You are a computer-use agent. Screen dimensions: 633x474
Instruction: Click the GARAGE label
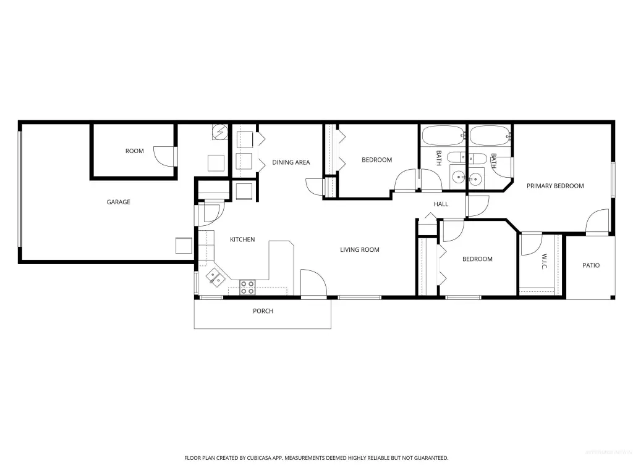pos(118,202)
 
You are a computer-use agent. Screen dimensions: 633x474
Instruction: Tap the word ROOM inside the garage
pos(134,151)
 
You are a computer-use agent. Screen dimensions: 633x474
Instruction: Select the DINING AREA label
pos(291,162)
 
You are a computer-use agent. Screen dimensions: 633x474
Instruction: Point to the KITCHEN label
pos(242,239)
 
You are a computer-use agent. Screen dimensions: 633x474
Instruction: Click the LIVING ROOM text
pos(360,250)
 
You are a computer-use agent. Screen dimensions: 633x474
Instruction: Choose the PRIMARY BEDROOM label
pos(555,186)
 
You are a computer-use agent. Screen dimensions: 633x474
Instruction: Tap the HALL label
pos(441,204)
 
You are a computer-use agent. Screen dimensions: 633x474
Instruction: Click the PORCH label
pos(263,311)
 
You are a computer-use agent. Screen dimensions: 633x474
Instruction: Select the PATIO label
pos(591,265)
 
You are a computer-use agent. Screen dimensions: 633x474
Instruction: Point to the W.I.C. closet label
pos(544,262)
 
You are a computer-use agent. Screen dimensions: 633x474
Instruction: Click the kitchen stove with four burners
pos(247,288)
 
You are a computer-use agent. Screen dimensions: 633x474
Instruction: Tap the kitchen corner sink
pos(216,277)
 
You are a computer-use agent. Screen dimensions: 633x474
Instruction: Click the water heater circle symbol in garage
pos(220,132)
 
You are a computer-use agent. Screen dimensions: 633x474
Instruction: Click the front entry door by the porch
pos(313,283)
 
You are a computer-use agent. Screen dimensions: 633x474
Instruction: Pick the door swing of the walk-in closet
pos(531,244)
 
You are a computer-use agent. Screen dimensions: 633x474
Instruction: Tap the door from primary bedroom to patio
pos(598,221)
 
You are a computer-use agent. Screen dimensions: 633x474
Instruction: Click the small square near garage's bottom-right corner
pos(184,246)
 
